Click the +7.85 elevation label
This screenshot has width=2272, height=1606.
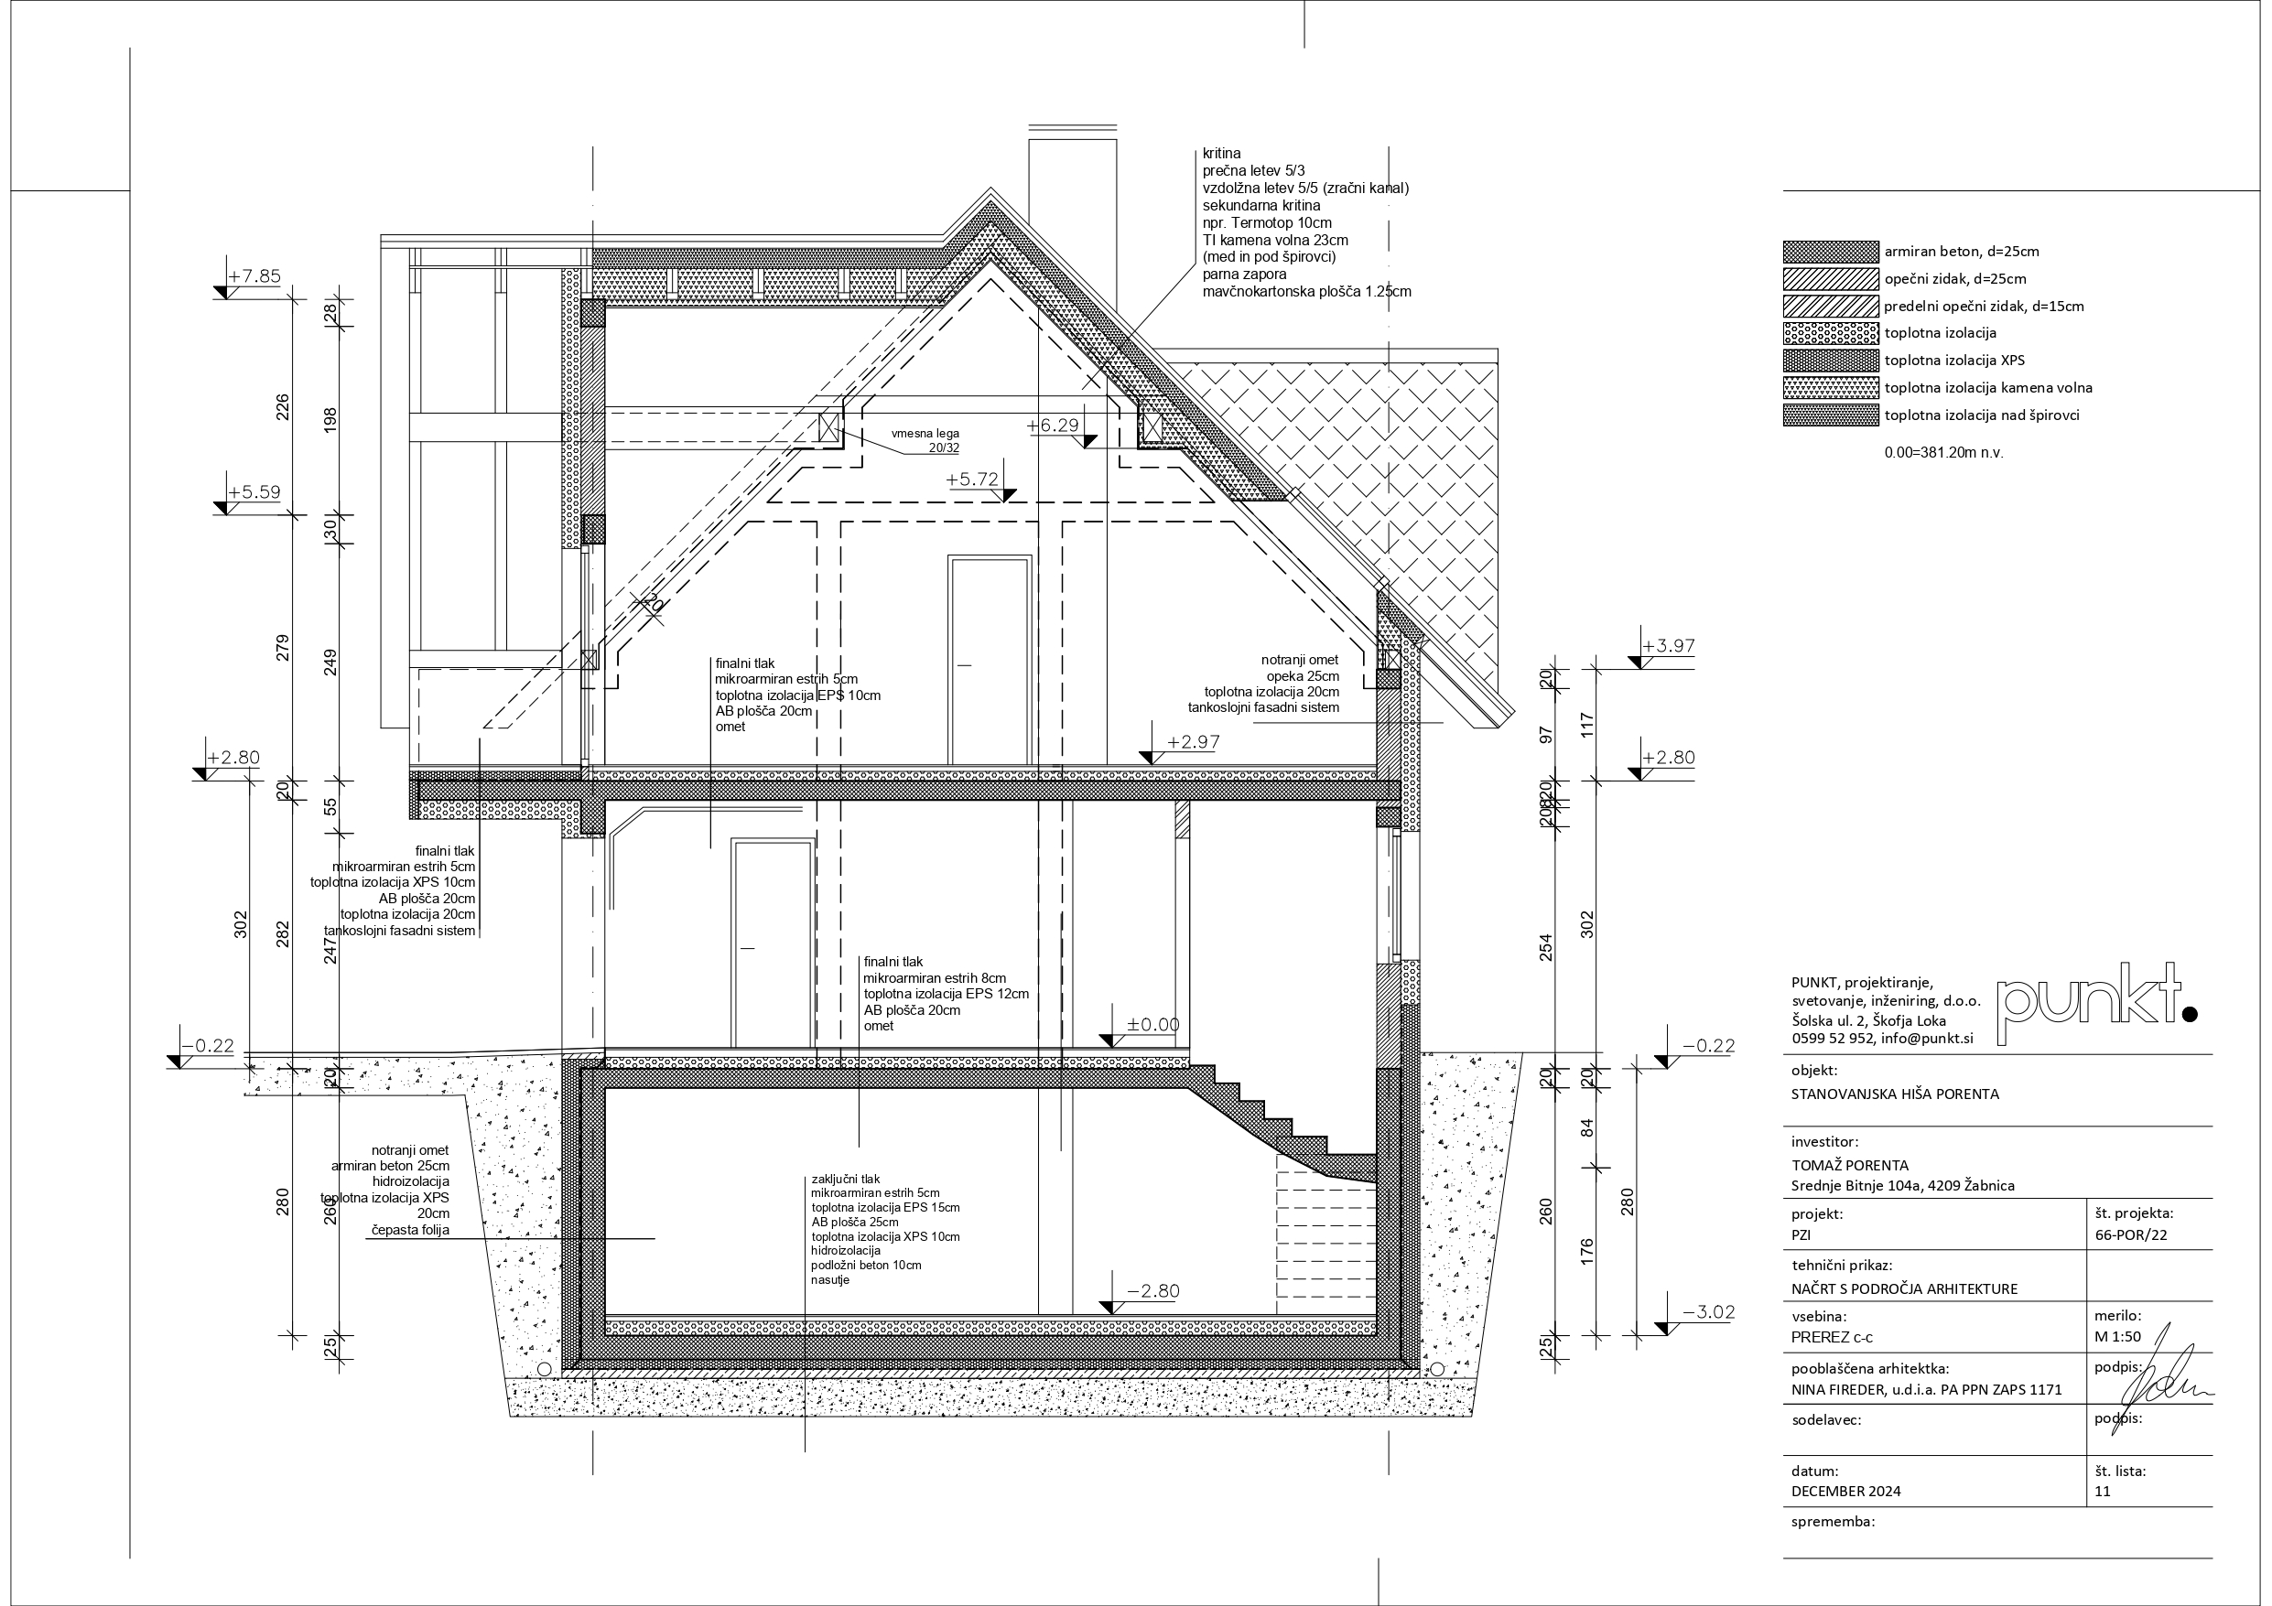pyautogui.click(x=254, y=277)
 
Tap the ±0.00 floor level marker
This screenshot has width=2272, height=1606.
pyautogui.click(x=1152, y=1025)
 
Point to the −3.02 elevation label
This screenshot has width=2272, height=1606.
pyautogui.click(x=1709, y=1313)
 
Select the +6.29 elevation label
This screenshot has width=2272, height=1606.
pyautogui.click(x=1053, y=426)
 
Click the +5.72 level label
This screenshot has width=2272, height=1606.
pyautogui.click(x=972, y=480)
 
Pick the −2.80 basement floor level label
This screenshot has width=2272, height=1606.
pyautogui.click(x=1153, y=1291)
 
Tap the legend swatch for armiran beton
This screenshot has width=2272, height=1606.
pyautogui.click(x=1831, y=252)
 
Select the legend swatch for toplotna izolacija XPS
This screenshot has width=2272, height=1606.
pyautogui.click(x=1831, y=361)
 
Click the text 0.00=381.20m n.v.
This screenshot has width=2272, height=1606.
pyautogui.click(x=1943, y=453)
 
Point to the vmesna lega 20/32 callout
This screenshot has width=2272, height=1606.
pyautogui.click(x=925, y=440)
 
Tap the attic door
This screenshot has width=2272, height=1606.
pyautogui.click(x=990, y=660)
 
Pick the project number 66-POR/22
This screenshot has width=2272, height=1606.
pyautogui.click(x=2131, y=1235)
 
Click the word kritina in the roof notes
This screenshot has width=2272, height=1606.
pyautogui.click(x=1221, y=154)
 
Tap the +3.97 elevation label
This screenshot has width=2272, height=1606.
pyautogui.click(x=1669, y=646)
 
